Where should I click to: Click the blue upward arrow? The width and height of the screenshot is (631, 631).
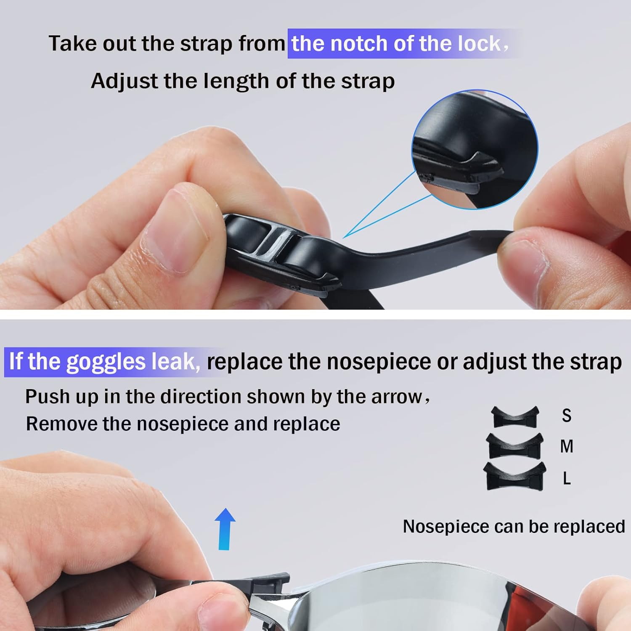(225, 529)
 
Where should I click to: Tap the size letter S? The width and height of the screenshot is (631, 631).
(567, 416)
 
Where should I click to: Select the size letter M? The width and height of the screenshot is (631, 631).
(567, 446)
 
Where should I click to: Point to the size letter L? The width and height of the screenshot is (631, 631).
(567, 478)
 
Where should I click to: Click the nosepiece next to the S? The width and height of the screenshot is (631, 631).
(515, 416)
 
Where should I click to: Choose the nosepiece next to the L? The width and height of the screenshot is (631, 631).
(514, 476)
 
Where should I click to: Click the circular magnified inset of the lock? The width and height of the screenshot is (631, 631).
(475, 149)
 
